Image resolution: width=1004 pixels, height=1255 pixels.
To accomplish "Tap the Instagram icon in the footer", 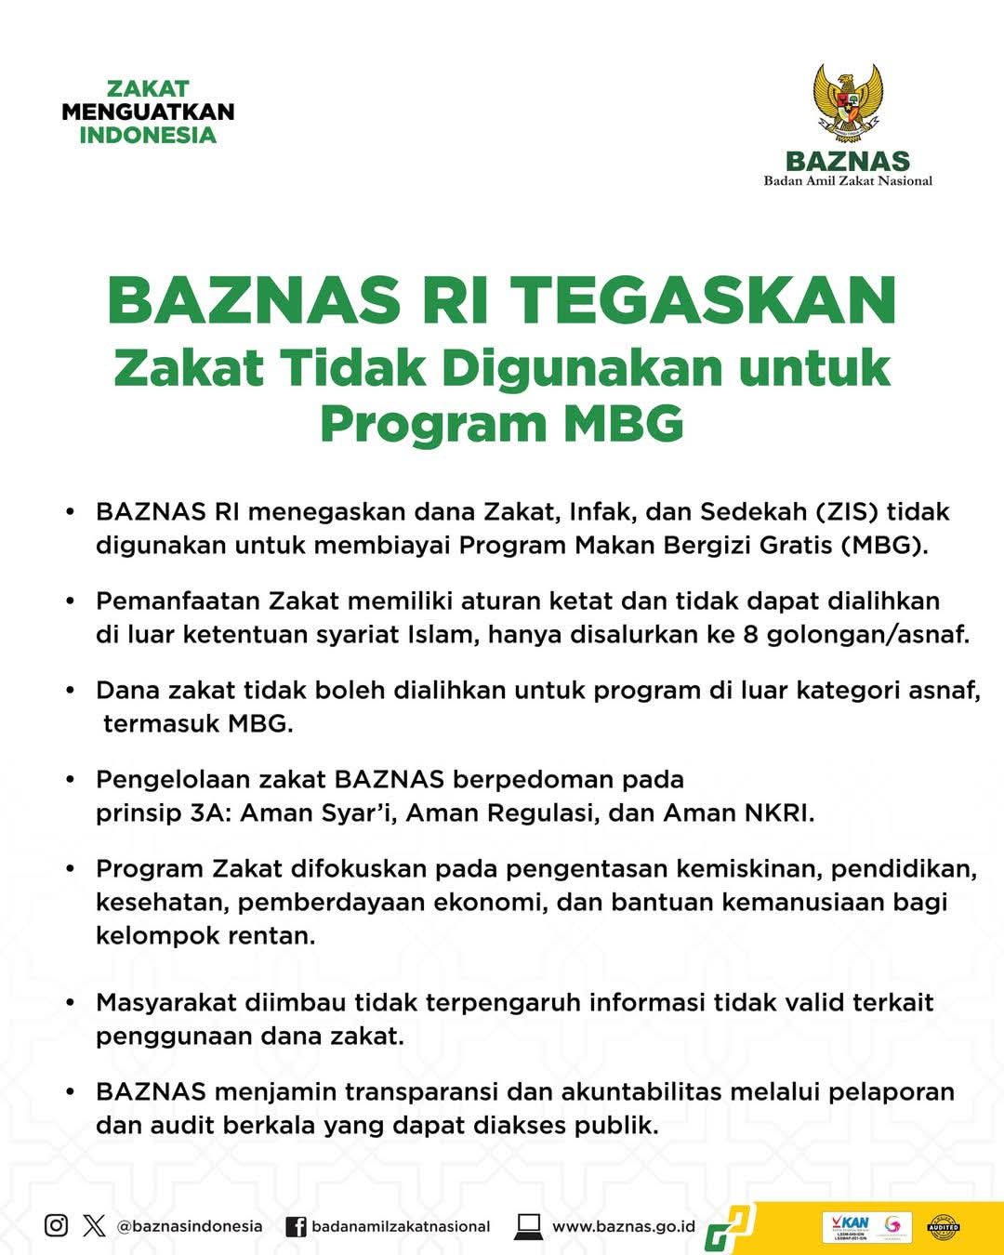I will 56,1225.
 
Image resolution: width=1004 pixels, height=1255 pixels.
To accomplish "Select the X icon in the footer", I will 94,1225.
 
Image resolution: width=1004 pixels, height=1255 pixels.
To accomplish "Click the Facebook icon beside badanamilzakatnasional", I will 296,1226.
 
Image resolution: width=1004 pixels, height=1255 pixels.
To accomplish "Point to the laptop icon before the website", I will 528,1226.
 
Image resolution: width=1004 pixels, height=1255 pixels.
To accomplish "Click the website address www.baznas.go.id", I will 624,1226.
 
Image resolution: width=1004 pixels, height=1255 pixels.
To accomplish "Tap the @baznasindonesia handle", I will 190,1226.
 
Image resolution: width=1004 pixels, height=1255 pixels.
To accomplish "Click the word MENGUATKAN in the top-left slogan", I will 148,112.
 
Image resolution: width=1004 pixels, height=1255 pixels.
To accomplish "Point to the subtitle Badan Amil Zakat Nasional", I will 848,180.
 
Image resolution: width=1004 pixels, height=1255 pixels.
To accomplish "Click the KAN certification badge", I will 846,1226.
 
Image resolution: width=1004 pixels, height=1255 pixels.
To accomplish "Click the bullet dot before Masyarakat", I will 70,1004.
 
